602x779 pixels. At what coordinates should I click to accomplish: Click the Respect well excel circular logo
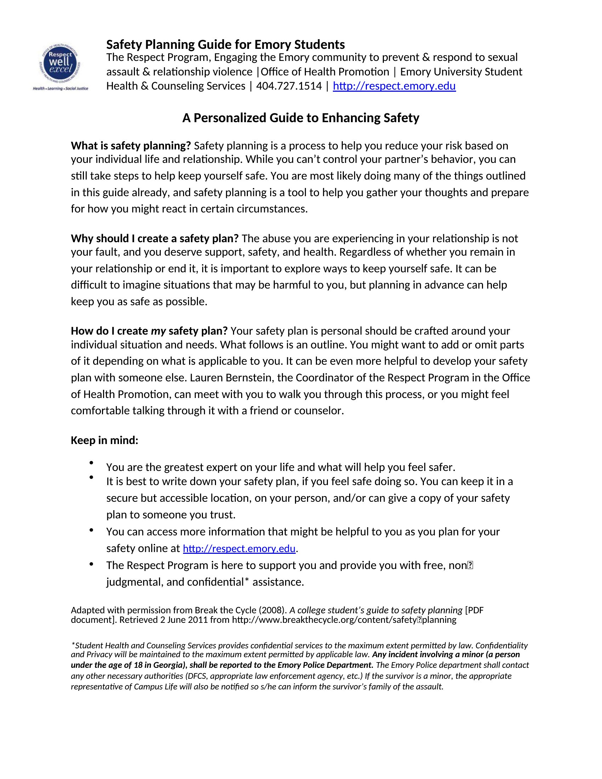click(x=60, y=64)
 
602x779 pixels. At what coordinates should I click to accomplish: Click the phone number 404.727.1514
click(x=289, y=86)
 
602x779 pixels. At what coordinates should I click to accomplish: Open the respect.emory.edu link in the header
click(x=394, y=86)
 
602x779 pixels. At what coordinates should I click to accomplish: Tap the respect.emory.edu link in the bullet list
click(x=239, y=548)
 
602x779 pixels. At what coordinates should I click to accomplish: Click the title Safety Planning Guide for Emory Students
click(x=225, y=45)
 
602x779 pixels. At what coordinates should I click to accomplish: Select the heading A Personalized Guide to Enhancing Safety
click(x=301, y=118)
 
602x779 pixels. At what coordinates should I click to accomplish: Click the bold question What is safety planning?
click(x=131, y=146)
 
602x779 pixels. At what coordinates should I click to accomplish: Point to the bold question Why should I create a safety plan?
click(x=155, y=238)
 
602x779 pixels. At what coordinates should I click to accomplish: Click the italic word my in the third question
click(x=158, y=331)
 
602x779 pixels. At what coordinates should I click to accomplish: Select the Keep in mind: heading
click(x=104, y=440)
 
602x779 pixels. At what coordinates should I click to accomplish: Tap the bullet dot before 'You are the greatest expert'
click(x=91, y=463)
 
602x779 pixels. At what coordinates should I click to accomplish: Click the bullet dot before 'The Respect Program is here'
click(x=91, y=564)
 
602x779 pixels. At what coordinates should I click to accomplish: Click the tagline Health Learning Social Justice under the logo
click(x=60, y=88)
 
